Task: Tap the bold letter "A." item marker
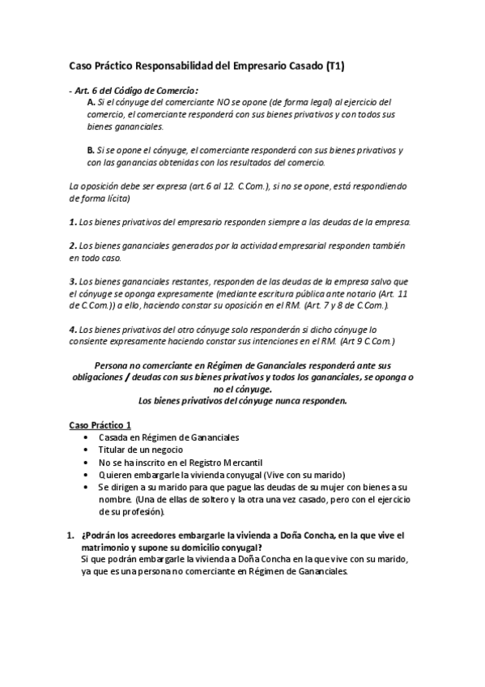[x=91, y=102]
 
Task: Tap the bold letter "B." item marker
[x=91, y=150]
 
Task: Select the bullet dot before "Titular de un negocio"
[x=86, y=450]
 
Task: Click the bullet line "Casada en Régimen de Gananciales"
[x=168, y=437]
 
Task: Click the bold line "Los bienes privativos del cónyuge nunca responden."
[x=243, y=400]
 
